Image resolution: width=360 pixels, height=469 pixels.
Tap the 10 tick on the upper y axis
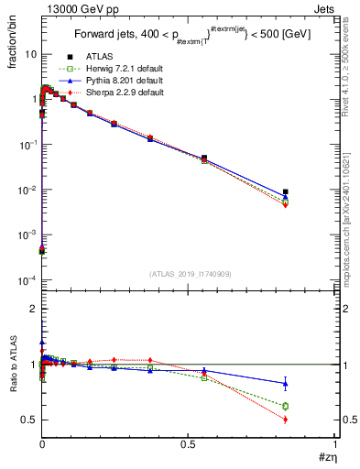[x=30, y=54]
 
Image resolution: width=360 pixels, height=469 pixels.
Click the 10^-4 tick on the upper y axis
[x=27, y=280]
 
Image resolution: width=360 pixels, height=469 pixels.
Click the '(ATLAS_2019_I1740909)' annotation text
[x=189, y=274]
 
